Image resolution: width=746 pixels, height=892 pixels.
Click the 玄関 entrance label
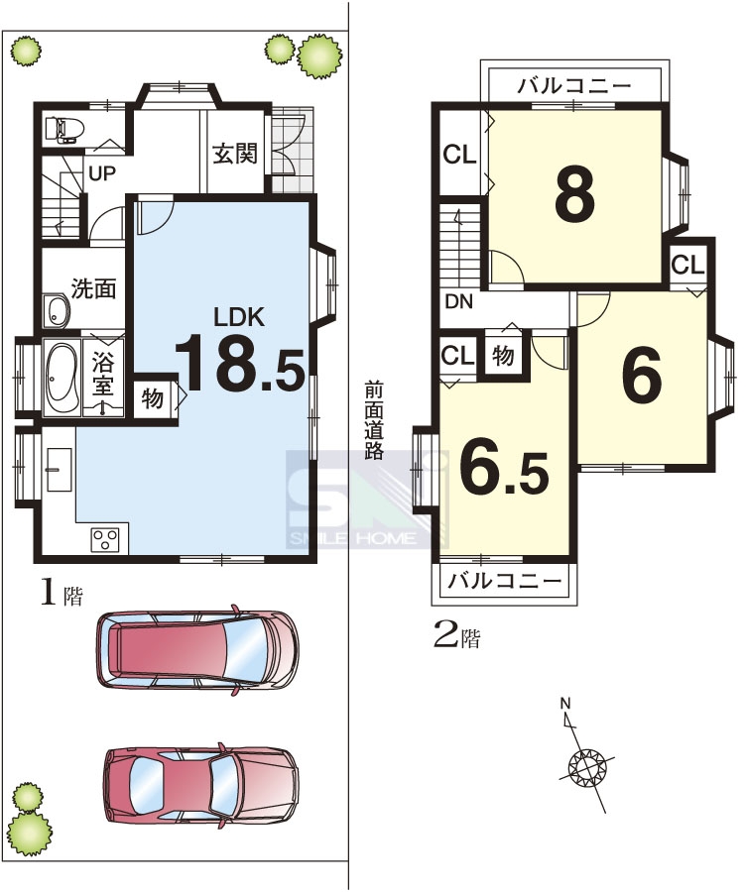(235, 154)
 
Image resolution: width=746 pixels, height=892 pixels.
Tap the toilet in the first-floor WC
(63, 130)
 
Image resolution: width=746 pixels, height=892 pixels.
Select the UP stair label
(102, 172)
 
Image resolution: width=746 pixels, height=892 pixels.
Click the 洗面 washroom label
(93, 289)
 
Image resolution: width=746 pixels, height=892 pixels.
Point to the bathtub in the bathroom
(62, 378)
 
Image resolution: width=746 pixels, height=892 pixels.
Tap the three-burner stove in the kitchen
(105, 539)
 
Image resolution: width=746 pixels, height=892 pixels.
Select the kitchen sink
(59, 470)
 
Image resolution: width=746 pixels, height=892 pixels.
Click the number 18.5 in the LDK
(239, 363)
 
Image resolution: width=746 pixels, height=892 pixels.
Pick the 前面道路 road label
(374, 420)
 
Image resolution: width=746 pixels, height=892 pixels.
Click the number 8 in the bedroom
(575, 193)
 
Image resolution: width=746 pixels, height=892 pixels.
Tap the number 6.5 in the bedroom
(504, 466)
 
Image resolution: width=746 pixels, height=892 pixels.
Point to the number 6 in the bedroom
(642, 373)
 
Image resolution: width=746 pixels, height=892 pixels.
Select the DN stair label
(459, 302)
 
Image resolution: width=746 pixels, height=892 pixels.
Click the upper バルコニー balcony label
(574, 86)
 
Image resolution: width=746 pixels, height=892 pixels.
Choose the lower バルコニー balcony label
(505, 582)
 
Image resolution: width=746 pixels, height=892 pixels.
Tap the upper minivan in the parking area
(197, 649)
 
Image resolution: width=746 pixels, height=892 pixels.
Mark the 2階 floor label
(456, 636)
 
